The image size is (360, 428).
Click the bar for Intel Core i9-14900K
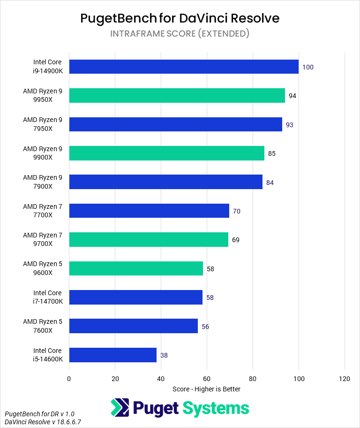coord(184,67)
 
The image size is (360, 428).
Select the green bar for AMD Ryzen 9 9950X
coord(177,95)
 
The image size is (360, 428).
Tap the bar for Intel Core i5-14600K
coord(112,355)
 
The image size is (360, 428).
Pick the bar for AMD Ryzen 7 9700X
coord(149,239)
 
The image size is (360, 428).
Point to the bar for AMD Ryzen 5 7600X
coord(133,326)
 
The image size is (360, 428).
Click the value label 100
coord(307,67)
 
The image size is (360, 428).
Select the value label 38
coord(164,355)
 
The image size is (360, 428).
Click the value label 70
coord(237,211)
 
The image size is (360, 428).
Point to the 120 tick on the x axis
coord(345,379)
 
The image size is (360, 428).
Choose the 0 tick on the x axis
coord(69,379)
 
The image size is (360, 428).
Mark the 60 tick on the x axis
coord(207,379)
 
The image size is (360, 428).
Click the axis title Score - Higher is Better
coord(206,389)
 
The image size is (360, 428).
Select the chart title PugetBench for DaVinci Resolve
coord(180,18)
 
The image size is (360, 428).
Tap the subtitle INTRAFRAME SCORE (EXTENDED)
coord(180,33)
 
